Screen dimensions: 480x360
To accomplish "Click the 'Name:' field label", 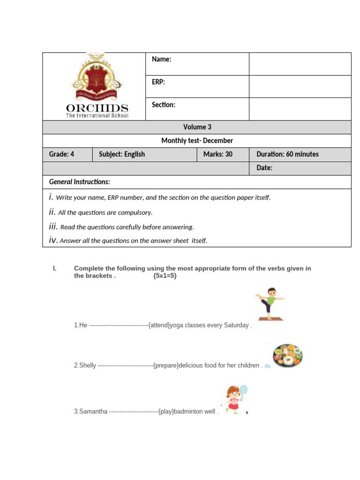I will click(162, 59).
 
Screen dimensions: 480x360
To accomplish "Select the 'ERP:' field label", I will click(158, 82).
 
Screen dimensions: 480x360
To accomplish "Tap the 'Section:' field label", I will click(164, 105).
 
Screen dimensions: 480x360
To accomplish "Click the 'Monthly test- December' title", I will click(197, 141).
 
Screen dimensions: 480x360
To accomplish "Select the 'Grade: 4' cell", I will click(61, 154).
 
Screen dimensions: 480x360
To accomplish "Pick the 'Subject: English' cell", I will click(122, 154).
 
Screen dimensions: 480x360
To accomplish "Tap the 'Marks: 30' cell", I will click(217, 154).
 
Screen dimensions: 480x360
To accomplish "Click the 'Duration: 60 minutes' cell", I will click(287, 154).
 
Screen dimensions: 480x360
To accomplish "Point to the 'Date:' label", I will click(264, 168).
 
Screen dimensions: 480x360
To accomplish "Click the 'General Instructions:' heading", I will click(80, 182).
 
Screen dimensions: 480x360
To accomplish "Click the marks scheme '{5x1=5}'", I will click(165, 276).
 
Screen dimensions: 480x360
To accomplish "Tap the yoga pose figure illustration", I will click(270, 304).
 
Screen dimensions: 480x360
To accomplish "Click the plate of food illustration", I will click(287, 355).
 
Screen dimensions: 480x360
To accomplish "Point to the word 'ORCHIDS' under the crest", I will click(97, 109).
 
